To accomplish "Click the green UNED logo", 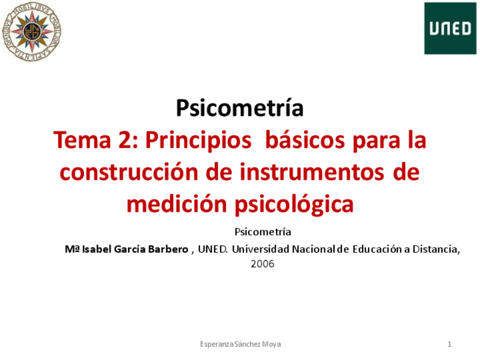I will (450, 28).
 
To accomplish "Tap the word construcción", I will (128, 172).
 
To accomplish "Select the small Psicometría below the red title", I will (263, 232).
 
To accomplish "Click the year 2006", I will (262, 263).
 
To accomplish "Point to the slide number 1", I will (449, 344).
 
